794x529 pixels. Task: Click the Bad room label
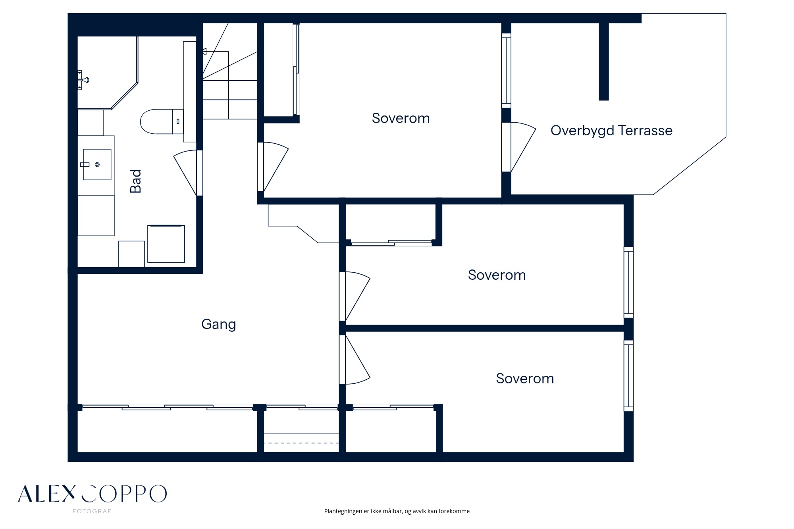pos(136,181)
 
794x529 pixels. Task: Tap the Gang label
pos(219,325)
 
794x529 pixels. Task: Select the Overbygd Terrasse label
pos(611,131)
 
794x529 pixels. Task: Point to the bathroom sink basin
pos(97,164)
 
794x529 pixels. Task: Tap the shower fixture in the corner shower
pos(83,80)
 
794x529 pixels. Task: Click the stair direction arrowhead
pos(204,52)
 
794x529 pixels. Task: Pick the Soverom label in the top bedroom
pos(401,118)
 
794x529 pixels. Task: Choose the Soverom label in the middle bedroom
pos(497,275)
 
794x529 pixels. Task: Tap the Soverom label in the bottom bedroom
pos(525,379)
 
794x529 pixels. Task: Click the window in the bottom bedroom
pos(628,376)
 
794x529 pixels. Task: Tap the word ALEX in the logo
pos(46,494)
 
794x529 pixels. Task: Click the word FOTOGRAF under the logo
pos(92,512)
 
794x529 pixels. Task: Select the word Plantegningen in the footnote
pos(343,511)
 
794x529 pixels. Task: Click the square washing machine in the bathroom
pos(166,244)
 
